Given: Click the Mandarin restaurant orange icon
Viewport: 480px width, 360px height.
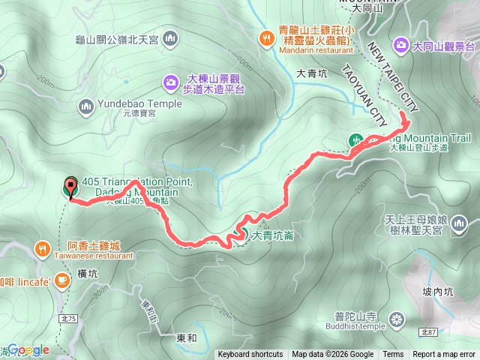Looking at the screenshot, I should (x=266, y=37).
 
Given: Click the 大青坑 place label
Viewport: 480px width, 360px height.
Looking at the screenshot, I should (x=312, y=73).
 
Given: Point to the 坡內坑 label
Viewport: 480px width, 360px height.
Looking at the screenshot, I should (x=437, y=292).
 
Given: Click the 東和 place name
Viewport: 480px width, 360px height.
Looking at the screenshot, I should (x=187, y=338).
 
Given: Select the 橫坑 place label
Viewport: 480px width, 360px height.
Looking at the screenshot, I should (x=87, y=275).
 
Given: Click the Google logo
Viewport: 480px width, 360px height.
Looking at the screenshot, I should (x=28, y=349).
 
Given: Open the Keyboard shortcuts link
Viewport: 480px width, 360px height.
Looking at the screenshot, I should (x=250, y=355).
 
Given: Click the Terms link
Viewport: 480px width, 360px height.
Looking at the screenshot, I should (x=393, y=355).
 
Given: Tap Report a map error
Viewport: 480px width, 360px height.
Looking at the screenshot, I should (x=444, y=355).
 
